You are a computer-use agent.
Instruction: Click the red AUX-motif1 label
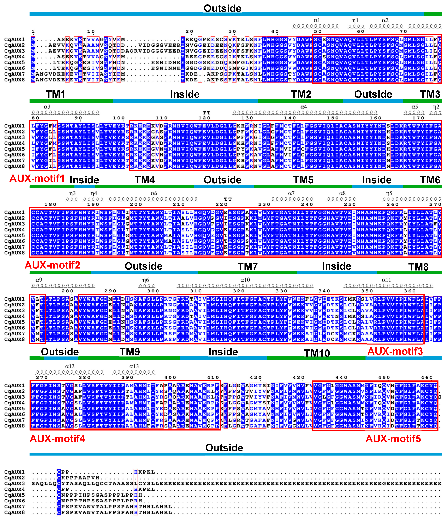tap(37, 178)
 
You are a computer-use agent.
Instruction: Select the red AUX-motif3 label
tap(395, 351)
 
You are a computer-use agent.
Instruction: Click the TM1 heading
tap(56, 94)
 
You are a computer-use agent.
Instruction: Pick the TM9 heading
tap(129, 352)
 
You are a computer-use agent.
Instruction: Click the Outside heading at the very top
tap(222, 8)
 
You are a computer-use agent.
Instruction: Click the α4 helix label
tap(304, 107)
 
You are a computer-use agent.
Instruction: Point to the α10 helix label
tap(245, 280)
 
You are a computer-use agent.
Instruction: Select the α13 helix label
tap(134, 366)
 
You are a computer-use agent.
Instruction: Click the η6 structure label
tap(146, 280)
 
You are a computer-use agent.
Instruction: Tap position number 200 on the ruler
tap(136, 204)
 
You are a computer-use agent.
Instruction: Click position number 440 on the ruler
tap(341, 378)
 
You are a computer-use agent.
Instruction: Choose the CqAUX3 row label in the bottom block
tap(14, 483)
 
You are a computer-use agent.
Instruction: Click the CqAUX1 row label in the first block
tap(14, 39)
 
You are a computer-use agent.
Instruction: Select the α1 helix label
tap(317, 20)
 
